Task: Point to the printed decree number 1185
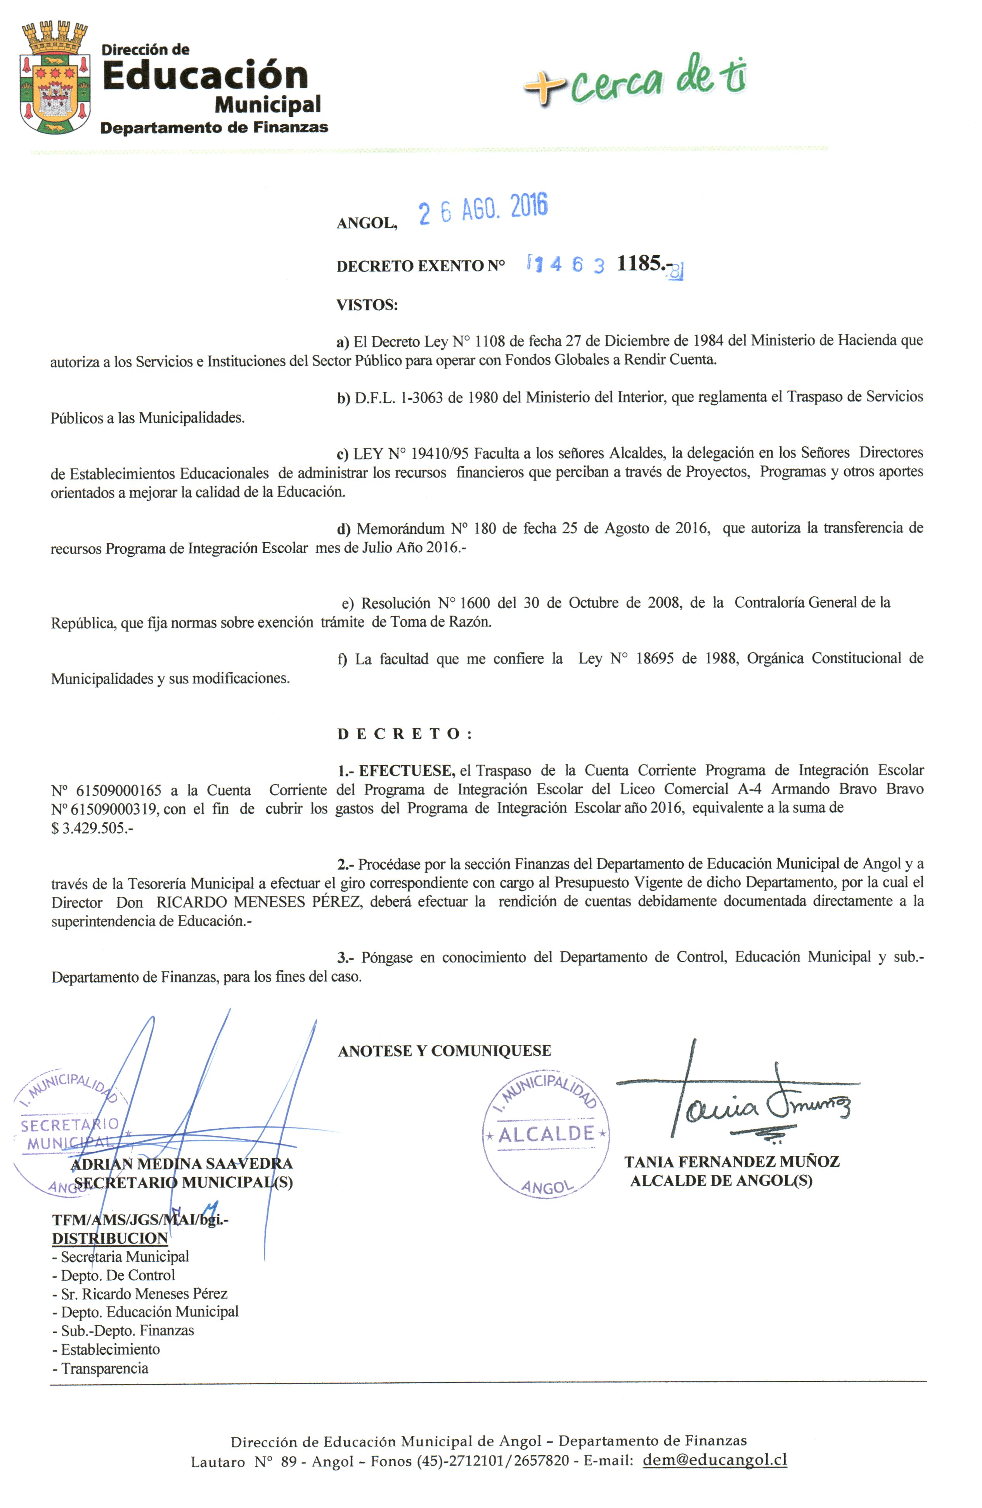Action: point(640,264)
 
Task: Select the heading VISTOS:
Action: point(367,305)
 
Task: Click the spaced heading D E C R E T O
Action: point(404,734)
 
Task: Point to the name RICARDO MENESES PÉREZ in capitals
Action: point(259,902)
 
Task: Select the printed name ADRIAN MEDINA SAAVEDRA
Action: point(182,1163)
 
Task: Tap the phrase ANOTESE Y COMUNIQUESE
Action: point(444,1051)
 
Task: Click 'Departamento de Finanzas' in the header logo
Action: point(214,127)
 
